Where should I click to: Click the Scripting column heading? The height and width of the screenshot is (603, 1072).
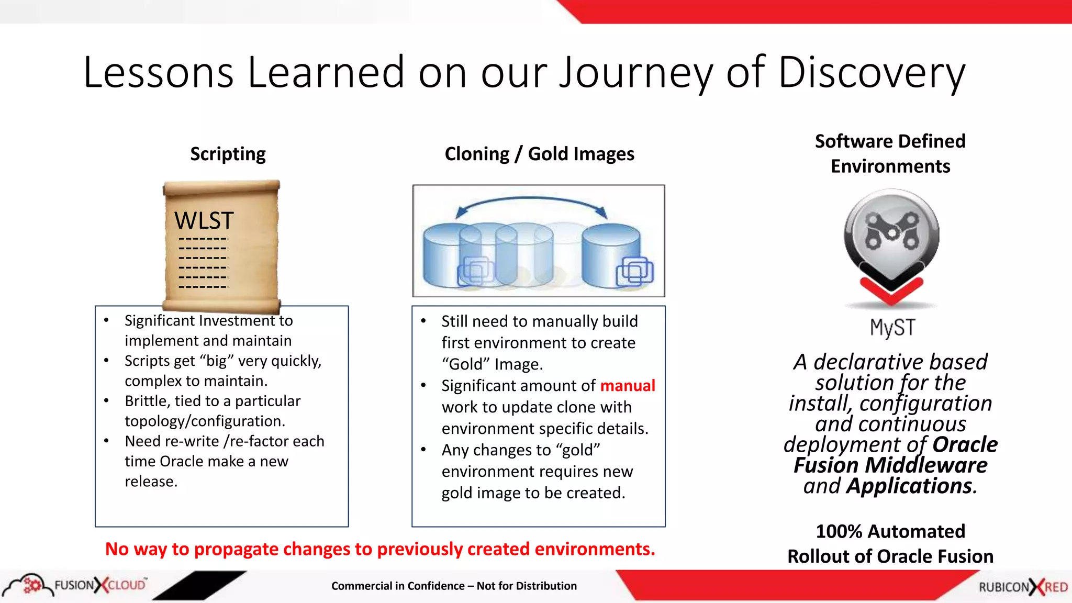(228, 154)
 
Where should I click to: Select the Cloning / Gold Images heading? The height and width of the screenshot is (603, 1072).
(539, 154)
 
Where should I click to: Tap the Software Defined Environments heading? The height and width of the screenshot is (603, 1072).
(890, 153)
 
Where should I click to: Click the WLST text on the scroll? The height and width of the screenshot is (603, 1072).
(204, 220)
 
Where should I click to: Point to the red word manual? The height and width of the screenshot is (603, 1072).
(627, 386)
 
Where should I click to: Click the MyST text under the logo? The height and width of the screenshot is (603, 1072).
(892, 328)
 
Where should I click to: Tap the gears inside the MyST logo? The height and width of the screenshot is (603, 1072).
(891, 230)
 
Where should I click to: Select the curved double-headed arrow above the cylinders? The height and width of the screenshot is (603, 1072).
(531, 202)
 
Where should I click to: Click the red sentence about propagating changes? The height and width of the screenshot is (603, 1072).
(380, 549)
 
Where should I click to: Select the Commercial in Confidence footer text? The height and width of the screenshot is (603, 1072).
(454, 586)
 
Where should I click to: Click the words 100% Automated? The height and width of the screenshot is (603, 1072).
(890, 531)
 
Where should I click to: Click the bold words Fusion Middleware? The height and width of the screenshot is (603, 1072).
(890, 465)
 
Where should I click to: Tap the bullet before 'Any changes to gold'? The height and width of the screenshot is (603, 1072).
(423, 450)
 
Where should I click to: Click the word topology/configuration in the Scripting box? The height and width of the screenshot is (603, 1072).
(205, 421)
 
